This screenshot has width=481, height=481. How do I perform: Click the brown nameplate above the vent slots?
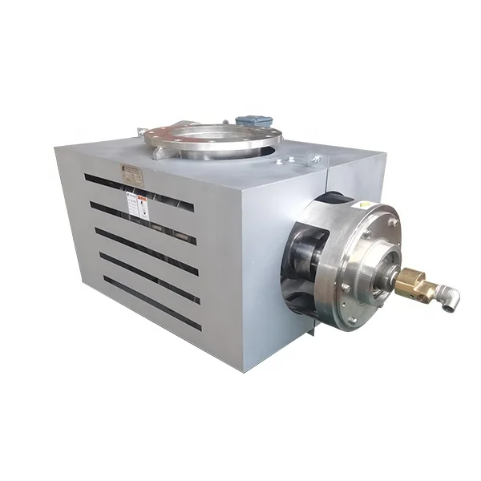pyautogui.click(x=127, y=169)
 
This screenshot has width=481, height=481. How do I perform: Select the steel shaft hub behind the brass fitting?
pyautogui.click(x=386, y=269)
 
